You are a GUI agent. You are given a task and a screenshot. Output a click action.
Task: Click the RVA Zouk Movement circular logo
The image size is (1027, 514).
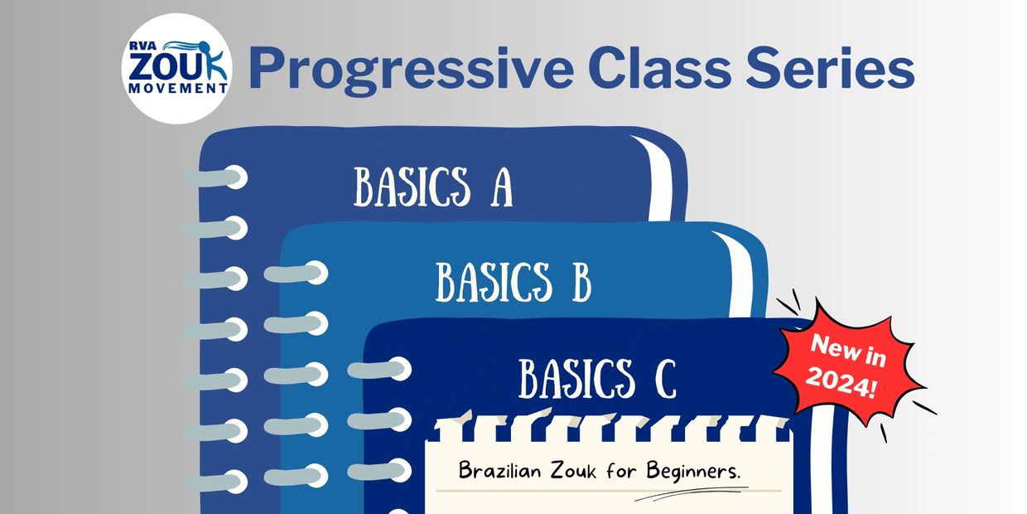[x=176, y=69]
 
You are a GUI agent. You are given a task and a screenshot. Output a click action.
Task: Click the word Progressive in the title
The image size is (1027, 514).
[x=409, y=70]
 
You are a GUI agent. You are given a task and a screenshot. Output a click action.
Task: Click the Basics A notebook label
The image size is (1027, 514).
[x=433, y=187]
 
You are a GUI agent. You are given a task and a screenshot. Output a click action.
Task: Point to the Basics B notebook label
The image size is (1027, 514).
[x=513, y=283]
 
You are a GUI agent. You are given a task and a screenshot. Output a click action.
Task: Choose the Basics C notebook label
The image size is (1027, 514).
[x=597, y=378]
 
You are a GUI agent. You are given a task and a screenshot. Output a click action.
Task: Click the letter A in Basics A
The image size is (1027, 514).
[x=501, y=187]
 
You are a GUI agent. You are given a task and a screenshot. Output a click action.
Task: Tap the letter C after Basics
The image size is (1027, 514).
[x=664, y=378]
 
